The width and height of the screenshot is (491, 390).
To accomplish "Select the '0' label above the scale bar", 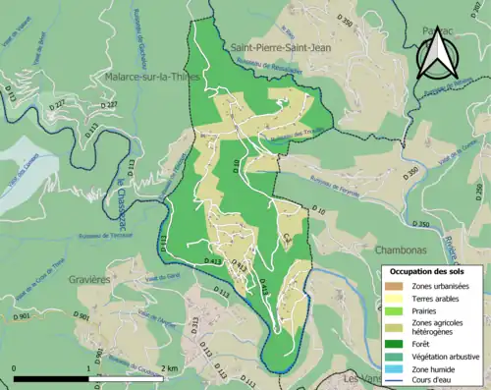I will [x=14, y=368].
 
